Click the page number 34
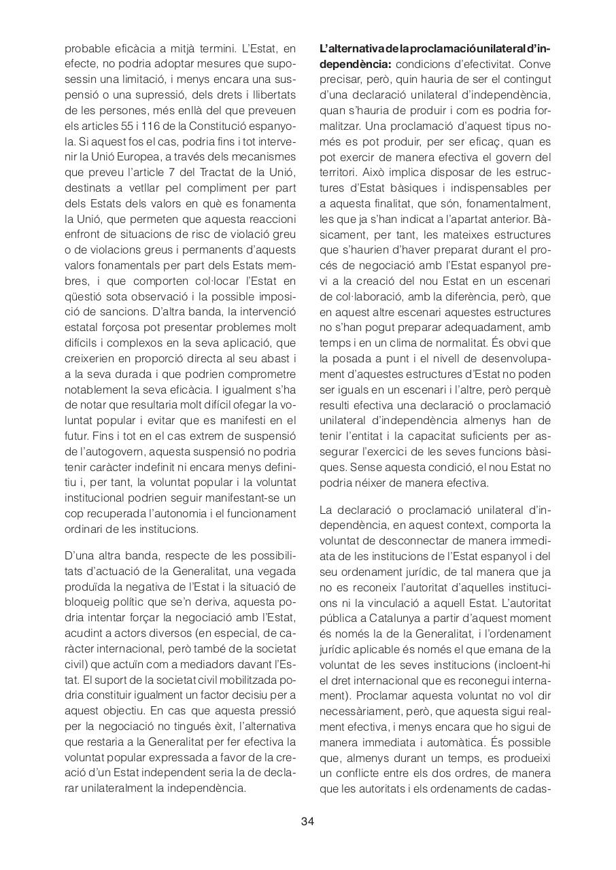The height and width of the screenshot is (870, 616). click(x=307, y=821)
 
